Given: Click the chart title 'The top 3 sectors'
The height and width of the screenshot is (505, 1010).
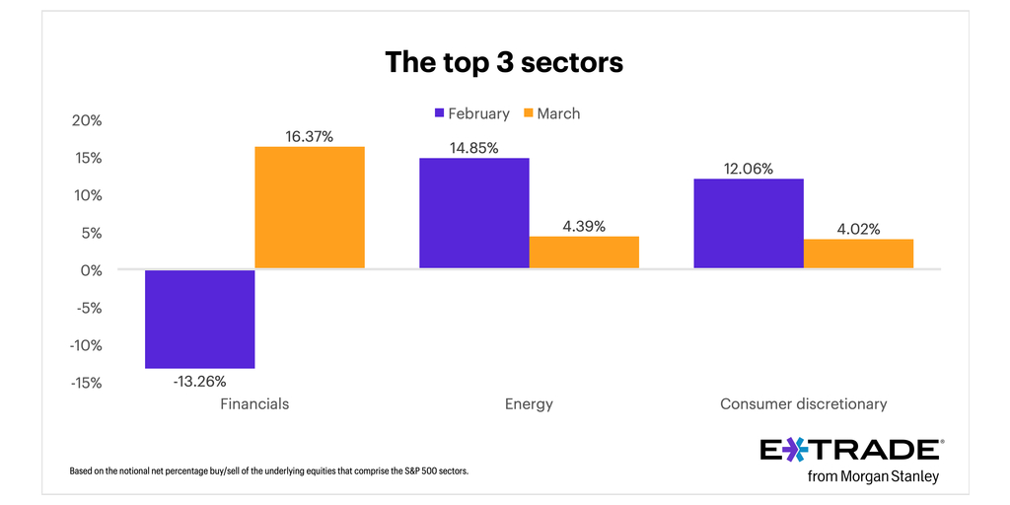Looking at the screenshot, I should [504, 62].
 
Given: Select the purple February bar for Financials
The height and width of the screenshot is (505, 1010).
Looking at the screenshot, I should [200, 319].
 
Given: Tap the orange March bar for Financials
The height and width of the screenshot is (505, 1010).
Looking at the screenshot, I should [310, 207].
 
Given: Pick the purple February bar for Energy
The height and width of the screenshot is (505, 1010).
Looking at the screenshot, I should [474, 213].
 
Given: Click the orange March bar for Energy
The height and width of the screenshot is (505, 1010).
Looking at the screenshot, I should [584, 252].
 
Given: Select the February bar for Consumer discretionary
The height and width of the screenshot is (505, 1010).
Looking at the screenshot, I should [749, 224].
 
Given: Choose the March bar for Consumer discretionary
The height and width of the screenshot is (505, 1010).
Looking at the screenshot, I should [858, 253].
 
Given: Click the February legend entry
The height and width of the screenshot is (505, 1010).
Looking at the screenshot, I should [471, 113].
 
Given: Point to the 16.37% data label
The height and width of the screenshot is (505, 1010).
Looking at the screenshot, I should [310, 137].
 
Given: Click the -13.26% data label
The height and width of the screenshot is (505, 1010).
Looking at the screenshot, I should [200, 381].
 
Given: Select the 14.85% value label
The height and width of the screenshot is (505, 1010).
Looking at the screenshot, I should [474, 148].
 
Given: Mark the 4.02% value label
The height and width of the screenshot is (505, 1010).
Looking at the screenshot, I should [857, 229].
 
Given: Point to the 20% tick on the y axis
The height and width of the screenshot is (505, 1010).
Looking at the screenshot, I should [87, 120].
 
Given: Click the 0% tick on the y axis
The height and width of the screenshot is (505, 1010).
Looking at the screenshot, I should [91, 270].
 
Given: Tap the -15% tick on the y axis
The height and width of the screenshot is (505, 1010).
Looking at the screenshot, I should [85, 383].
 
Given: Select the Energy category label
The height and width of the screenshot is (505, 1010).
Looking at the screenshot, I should [529, 403].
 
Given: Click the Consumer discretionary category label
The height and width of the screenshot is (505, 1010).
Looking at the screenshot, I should [803, 403].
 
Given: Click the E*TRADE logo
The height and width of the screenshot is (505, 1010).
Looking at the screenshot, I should [851, 451].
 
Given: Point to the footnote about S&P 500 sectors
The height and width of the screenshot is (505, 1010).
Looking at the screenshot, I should [268, 471].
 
